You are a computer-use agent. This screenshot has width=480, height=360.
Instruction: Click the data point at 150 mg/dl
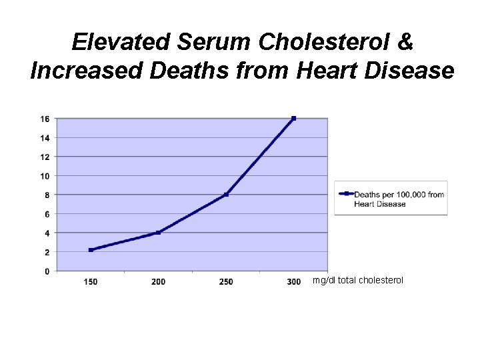click(91, 250)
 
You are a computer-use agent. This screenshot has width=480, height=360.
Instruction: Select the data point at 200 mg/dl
click(158, 233)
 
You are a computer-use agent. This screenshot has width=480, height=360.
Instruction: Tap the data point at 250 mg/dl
click(226, 195)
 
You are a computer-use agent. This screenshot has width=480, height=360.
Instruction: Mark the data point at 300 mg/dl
click(293, 119)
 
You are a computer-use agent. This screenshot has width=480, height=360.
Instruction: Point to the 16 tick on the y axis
click(44, 119)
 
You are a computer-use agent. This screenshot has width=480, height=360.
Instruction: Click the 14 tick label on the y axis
click(44, 138)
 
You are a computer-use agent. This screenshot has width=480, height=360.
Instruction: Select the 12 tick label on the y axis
click(44, 157)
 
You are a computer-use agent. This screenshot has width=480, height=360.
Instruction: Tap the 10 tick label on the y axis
click(44, 176)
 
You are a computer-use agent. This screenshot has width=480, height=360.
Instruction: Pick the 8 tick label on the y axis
click(46, 195)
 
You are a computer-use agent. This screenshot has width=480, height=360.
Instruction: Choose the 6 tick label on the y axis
click(46, 214)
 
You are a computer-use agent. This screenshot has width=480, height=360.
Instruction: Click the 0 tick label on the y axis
click(46, 271)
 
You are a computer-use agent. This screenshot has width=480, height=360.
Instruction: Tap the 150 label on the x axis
click(91, 282)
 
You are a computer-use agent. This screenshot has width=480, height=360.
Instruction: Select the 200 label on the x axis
click(158, 282)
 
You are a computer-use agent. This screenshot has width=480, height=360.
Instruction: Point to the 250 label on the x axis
click(226, 282)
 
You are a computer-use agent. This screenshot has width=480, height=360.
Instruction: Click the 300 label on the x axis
click(293, 282)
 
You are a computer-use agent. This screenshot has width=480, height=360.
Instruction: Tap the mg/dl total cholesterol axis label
click(358, 281)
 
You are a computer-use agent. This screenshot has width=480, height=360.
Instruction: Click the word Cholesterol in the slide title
click(335, 42)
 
